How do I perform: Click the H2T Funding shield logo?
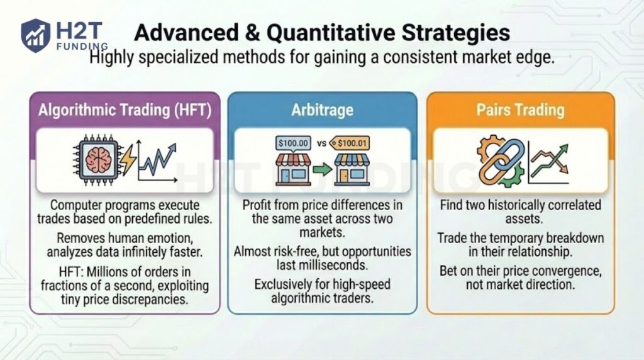(x=35, y=35)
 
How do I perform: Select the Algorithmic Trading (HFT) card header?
(x=125, y=110)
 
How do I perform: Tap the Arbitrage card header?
(x=322, y=110)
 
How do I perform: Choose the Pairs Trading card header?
(x=520, y=110)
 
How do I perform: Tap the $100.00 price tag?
(x=294, y=143)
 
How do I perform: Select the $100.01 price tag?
(x=350, y=143)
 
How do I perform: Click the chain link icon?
(x=501, y=161)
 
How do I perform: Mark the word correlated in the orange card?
(x=569, y=205)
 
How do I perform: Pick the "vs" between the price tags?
(x=322, y=143)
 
